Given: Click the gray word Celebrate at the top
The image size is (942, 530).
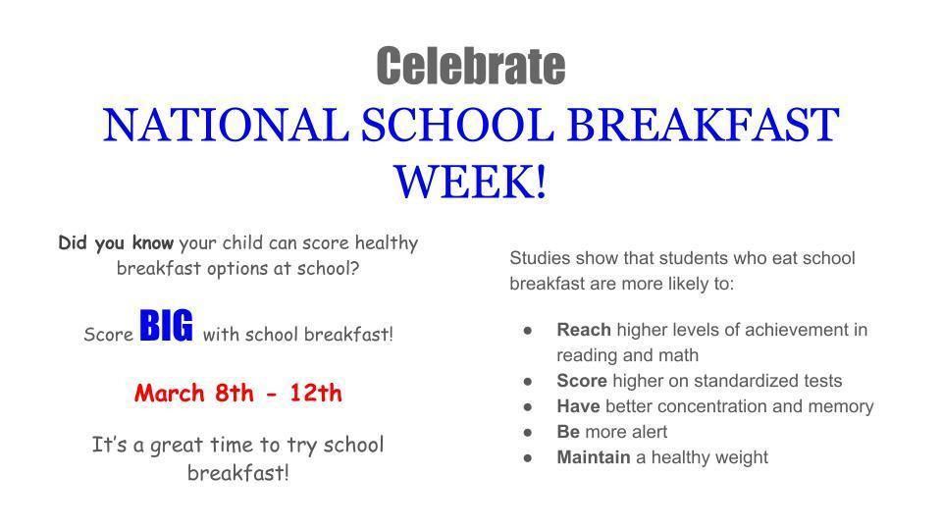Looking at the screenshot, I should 470,67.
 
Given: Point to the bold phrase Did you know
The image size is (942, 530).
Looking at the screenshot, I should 116,242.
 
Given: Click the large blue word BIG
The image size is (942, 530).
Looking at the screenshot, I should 167,327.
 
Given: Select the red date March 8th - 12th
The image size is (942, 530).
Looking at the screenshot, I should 238,394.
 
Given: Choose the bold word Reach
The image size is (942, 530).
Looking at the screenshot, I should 584,330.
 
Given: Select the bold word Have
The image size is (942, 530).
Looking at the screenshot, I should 579,406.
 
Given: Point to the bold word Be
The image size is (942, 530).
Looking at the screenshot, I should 568,432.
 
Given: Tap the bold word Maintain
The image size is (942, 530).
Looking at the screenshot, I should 594,457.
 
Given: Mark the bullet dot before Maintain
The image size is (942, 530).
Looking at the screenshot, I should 528,457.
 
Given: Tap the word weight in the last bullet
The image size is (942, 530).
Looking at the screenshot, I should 742,457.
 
